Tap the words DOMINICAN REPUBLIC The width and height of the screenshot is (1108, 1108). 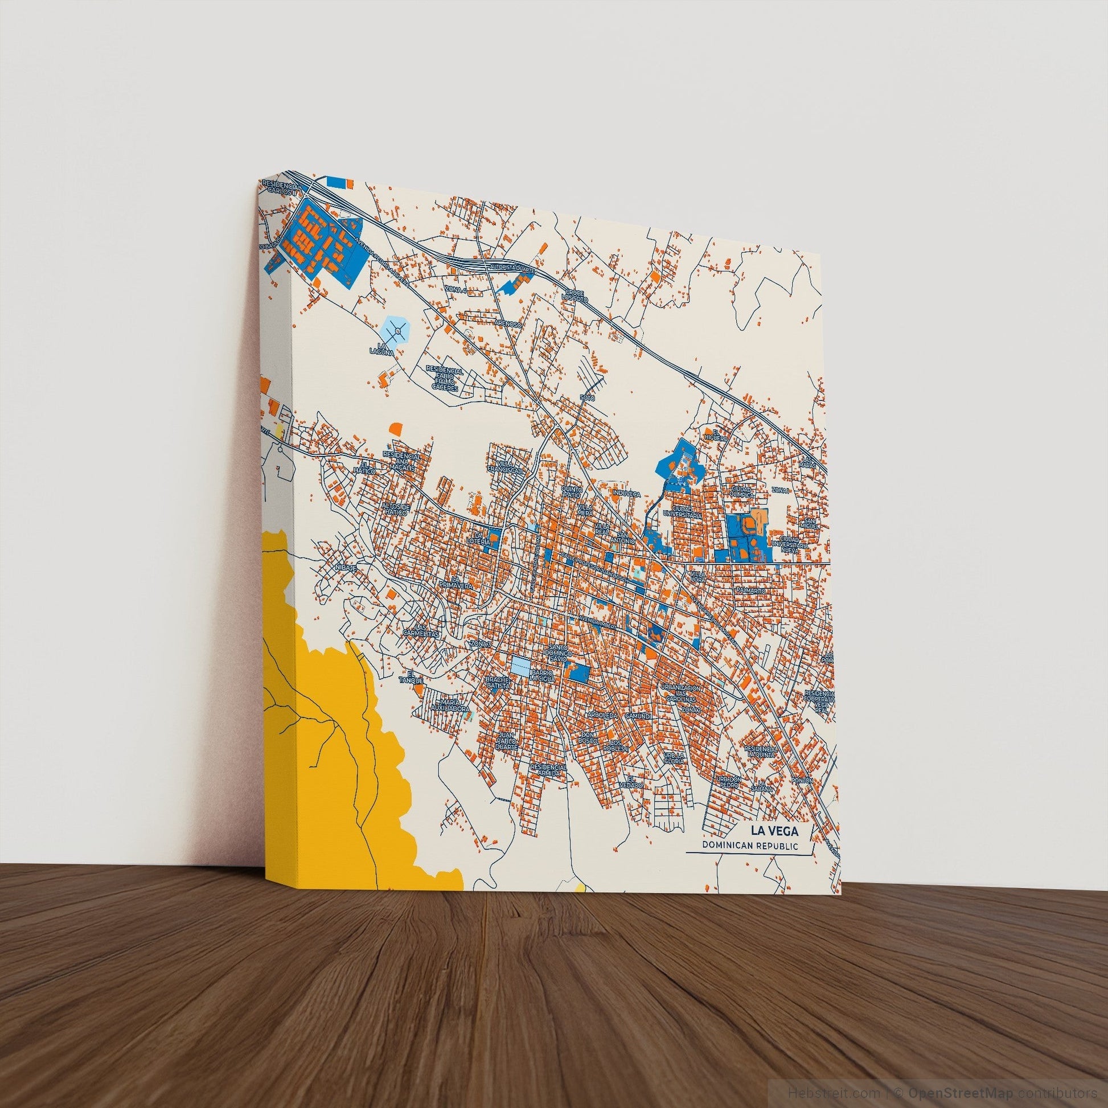[750, 846]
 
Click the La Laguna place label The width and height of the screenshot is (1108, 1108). [384, 348]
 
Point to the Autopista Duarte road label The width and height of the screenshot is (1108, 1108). [512, 268]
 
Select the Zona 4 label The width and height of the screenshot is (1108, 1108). [456, 292]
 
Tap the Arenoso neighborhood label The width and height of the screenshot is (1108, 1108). [508, 324]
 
